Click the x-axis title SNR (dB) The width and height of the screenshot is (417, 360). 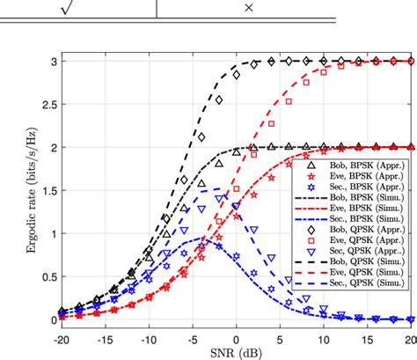point(236,352)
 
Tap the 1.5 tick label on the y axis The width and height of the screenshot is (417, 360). point(45,190)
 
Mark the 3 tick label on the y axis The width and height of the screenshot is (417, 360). point(51,61)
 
